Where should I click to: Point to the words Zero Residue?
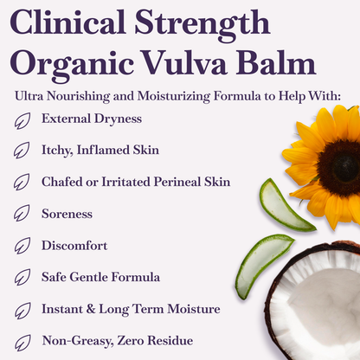[151, 341]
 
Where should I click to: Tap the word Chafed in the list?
[62, 182]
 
